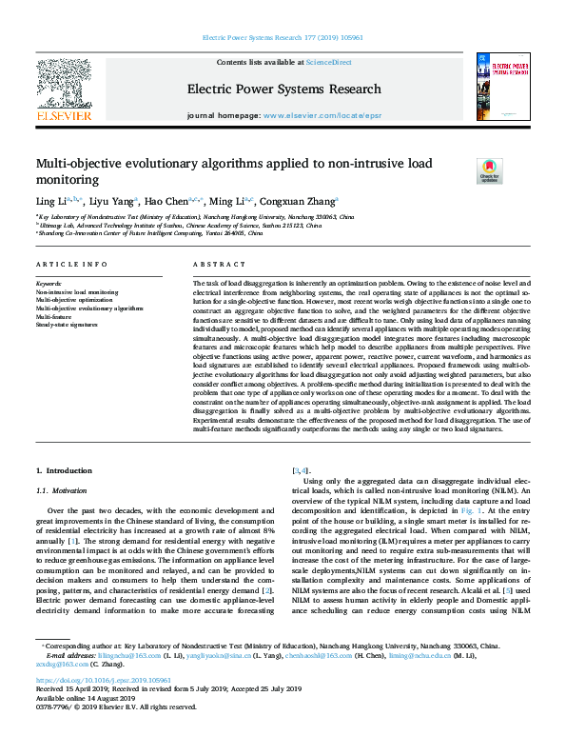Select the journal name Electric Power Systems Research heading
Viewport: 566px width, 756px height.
(x=283, y=90)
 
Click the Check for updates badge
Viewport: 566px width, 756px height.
(x=489, y=169)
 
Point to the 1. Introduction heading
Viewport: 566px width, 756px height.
(x=64, y=470)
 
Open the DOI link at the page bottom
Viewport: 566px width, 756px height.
(x=104, y=681)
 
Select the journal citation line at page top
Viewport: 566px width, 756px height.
(x=283, y=39)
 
